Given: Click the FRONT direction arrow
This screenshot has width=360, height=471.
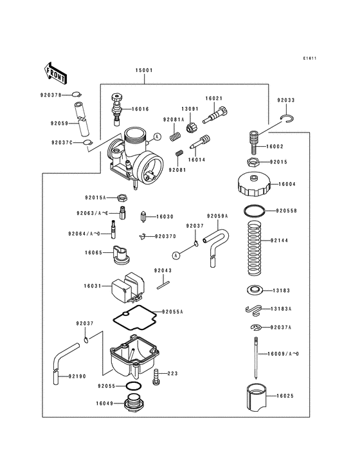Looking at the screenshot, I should (x=57, y=73).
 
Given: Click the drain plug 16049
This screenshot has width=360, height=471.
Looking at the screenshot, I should (x=134, y=405).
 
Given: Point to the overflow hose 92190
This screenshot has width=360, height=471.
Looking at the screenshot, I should (x=59, y=360).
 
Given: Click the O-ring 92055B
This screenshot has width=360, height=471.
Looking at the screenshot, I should (x=254, y=210).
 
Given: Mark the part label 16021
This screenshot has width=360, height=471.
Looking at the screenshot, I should (x=214, y=98).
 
